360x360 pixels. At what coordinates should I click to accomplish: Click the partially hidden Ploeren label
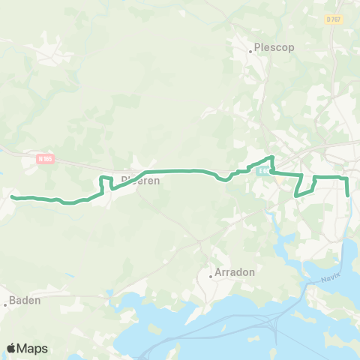(x=140, y=180)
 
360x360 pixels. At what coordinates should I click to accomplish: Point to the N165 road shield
(x=46, y=159)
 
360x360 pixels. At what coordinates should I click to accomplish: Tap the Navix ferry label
(x=331, y=277)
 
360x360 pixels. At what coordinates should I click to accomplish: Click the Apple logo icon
(x=12, y=348)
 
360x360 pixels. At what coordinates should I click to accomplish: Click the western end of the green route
(x=13, y=197)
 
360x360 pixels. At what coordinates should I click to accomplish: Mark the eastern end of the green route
(x=349, y=195)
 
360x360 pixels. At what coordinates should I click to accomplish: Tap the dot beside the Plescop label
(x=250, y=52)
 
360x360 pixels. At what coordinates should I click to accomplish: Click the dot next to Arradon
(x=211, y=276)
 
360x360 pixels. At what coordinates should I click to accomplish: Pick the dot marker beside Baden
(x=6, y=304)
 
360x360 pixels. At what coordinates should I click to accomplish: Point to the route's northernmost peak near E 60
(x=271, y=157)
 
